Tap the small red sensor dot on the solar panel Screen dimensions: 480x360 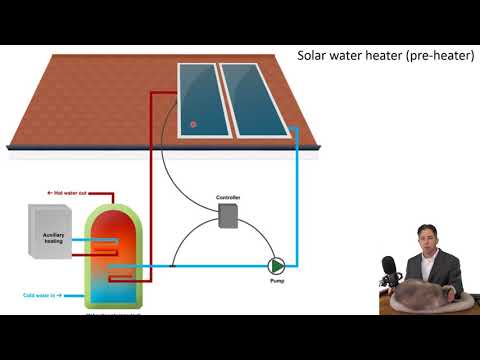(193, 125)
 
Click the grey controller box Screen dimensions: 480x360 (228, 217)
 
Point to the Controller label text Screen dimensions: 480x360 (229, 198)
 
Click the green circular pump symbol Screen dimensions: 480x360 (276, 266)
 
